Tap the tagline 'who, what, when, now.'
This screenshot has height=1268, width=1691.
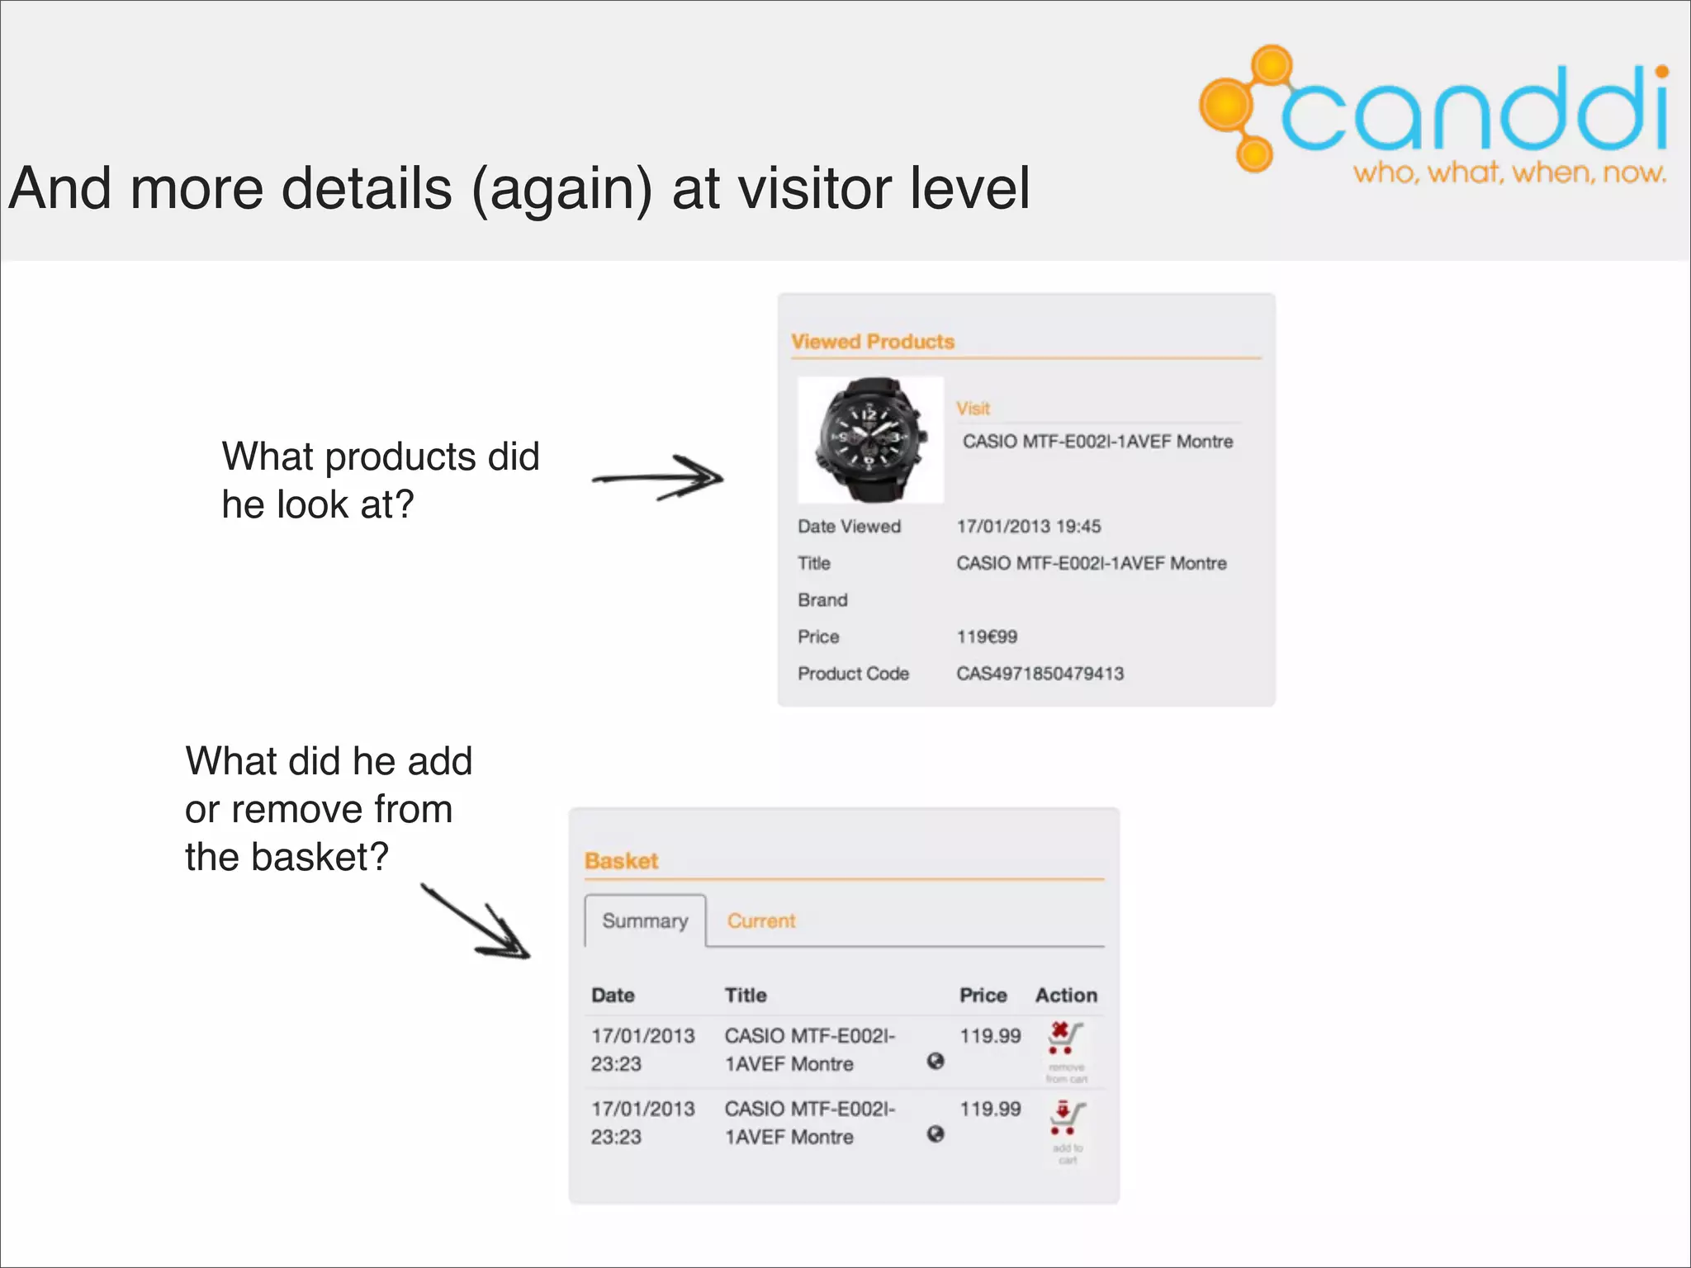(x=1509, y=173)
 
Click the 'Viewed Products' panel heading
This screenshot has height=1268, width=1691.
(x=872, y=342)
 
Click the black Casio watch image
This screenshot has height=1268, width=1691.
(x=869, y=439)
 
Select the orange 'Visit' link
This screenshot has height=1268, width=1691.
(x=973, y=409)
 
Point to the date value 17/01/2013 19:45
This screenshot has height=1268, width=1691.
(x=1028, y=527)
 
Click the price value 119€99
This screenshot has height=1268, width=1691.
(x=987, y=637)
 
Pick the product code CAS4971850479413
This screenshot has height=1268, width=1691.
(x=1040, y=674)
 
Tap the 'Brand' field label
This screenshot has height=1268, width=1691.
(x=822, y=600)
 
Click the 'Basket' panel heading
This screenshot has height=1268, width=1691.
(x=621, y=861)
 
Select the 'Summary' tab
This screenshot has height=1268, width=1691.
(x=645, y=921)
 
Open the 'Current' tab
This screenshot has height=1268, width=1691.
(x=760, y=921)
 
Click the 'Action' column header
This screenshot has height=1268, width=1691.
(x=1066, y=996)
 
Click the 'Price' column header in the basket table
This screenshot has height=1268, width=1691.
(x=983, y=996)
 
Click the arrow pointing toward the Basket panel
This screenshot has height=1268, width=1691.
(x=477, y=922)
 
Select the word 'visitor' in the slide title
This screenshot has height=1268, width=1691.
(x=814, y=188)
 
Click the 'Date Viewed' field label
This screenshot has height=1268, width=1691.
(x=849, y=527)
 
